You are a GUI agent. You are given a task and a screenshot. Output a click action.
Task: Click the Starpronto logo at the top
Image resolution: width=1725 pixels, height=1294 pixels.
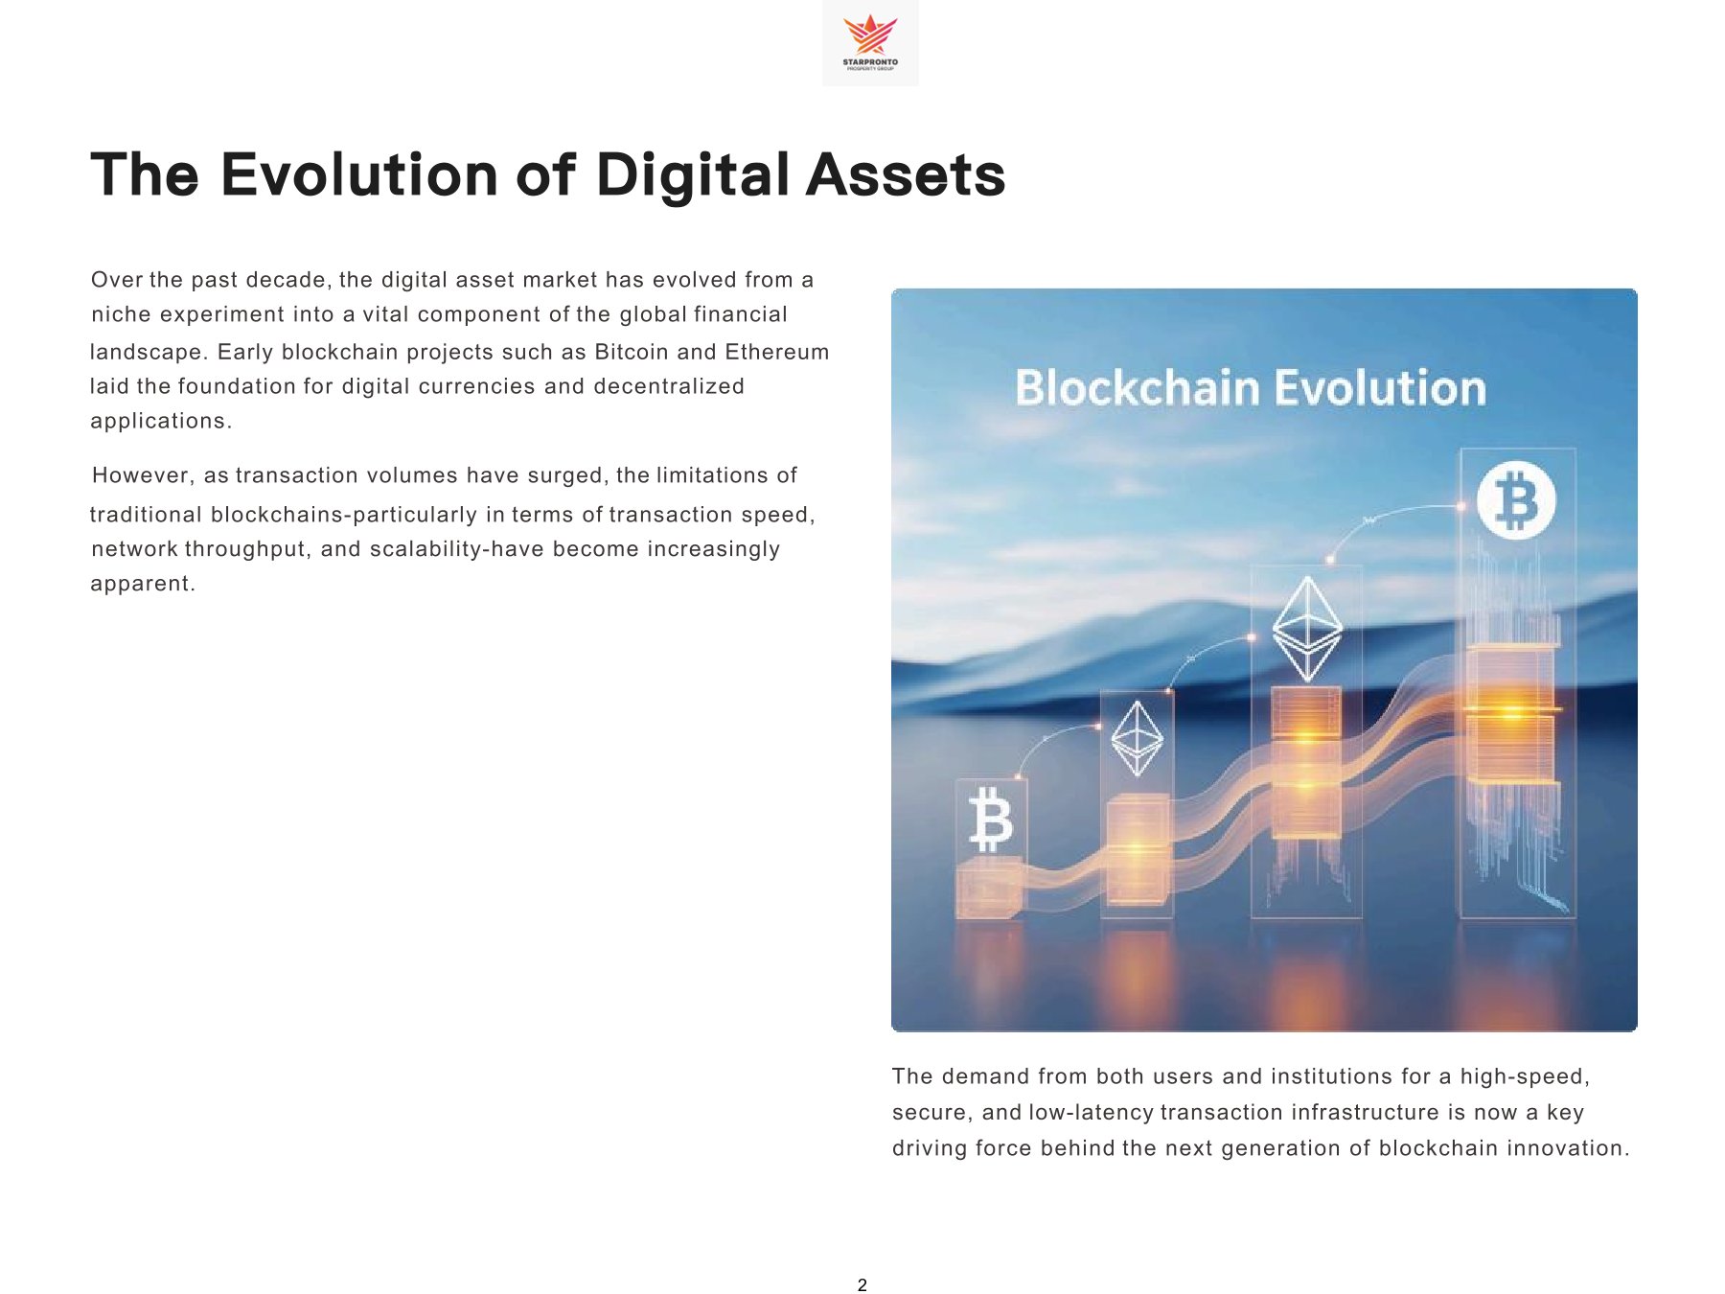point(870,42)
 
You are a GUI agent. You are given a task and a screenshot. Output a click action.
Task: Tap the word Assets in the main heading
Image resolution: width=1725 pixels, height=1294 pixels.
point(906,175)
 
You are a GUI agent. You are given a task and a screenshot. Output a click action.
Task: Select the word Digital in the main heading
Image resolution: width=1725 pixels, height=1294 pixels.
point(692,175)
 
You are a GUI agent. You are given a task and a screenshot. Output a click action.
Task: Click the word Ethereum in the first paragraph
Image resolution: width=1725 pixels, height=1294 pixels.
point(777,352)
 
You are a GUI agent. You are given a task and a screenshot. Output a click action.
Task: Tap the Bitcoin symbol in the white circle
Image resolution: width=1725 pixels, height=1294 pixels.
point(1515,500)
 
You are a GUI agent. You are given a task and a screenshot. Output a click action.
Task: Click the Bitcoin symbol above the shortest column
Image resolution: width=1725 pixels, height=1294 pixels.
point(991,820)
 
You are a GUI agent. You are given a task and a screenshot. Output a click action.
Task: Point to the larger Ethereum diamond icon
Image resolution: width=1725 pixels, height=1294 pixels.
point(1307,628)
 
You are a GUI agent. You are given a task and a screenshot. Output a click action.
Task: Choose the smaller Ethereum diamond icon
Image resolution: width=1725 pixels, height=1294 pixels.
point(1138,738)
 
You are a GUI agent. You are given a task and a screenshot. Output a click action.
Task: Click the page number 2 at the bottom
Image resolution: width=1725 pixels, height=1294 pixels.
point(862,1285)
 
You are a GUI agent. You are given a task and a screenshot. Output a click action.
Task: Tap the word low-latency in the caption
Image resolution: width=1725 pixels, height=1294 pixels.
point(1091,1112)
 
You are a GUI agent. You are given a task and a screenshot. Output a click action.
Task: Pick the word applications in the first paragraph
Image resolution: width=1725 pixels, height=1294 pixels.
point(159,421)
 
